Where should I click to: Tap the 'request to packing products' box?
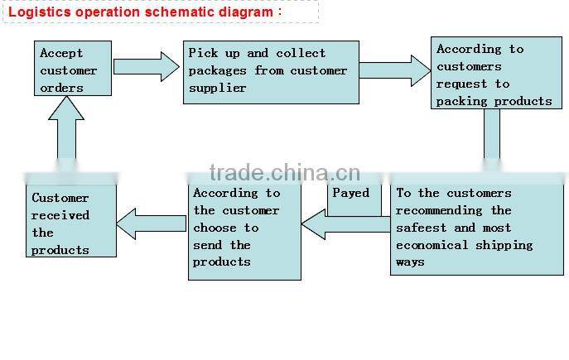(492, 74)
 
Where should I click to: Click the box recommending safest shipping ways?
(476, 228)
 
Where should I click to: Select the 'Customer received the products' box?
(70, 221)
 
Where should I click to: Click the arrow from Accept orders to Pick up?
(146, 67)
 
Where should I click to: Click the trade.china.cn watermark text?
(284, 172)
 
